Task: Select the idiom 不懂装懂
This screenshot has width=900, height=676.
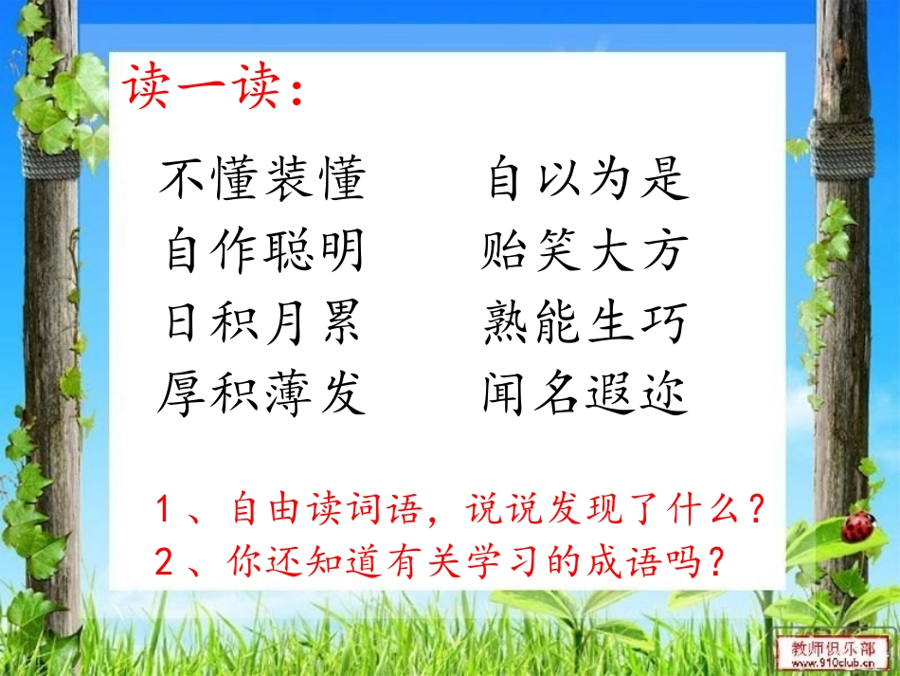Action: click(x=262, y=180)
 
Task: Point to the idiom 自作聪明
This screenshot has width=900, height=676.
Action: click(x=262, y=251)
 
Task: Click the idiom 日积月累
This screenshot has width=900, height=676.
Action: click(x=262, y=323)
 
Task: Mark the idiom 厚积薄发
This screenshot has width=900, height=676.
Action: click(x=262, y=393)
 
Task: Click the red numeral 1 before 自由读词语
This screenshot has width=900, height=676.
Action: click(x=163, y=512)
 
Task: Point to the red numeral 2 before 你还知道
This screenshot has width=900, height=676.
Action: click(x=163, y=561)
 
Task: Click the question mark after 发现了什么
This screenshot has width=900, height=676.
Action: click(x=755, y=512)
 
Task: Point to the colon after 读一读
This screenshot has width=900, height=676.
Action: click(x=297, y=93)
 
